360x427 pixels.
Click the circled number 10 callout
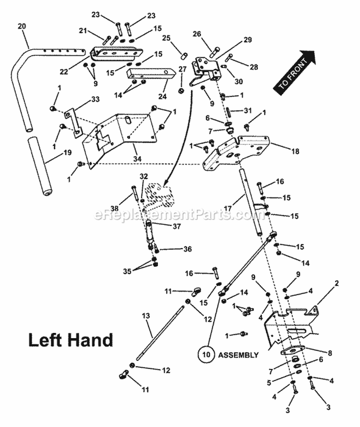click(205, 355)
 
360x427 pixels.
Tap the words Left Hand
click(71, 340)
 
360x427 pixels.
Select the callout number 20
click(22, 26)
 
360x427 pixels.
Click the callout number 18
click(295, 151)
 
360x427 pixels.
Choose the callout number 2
click(336, 283)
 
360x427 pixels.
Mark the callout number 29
click(247, 40)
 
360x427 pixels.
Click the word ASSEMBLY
click(239, 355)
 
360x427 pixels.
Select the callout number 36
click(186, 249)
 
